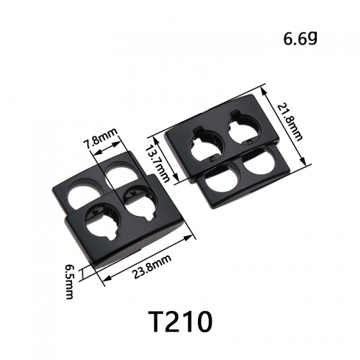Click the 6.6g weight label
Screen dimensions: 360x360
pyautogui.click(x=300, y=39)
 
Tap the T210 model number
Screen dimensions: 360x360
pyautogui.click(x=180, y=321)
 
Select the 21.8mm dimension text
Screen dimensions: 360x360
pyautogui.click(x=289, y=122)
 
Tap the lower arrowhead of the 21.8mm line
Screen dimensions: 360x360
pyautogui.click(x=303, y=161)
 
